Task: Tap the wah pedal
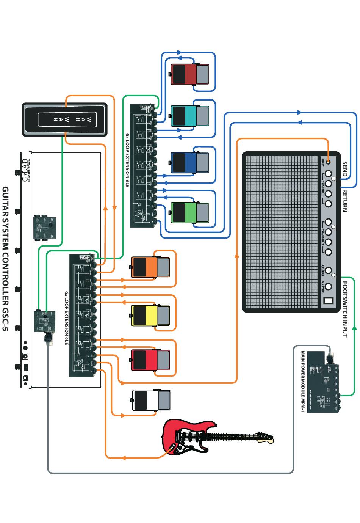coord(64,119)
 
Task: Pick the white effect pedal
coord(151,400)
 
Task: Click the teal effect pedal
coord(190,116)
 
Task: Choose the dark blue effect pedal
coord(190,163)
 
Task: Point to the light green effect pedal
coord(190,212)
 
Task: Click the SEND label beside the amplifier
coord(344,169)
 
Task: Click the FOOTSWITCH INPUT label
coord(345,309)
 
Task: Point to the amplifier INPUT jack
coord(328,162)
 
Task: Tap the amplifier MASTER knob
coord(328,287)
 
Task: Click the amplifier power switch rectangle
coord(328,302)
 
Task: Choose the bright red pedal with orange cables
coord(150,360)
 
